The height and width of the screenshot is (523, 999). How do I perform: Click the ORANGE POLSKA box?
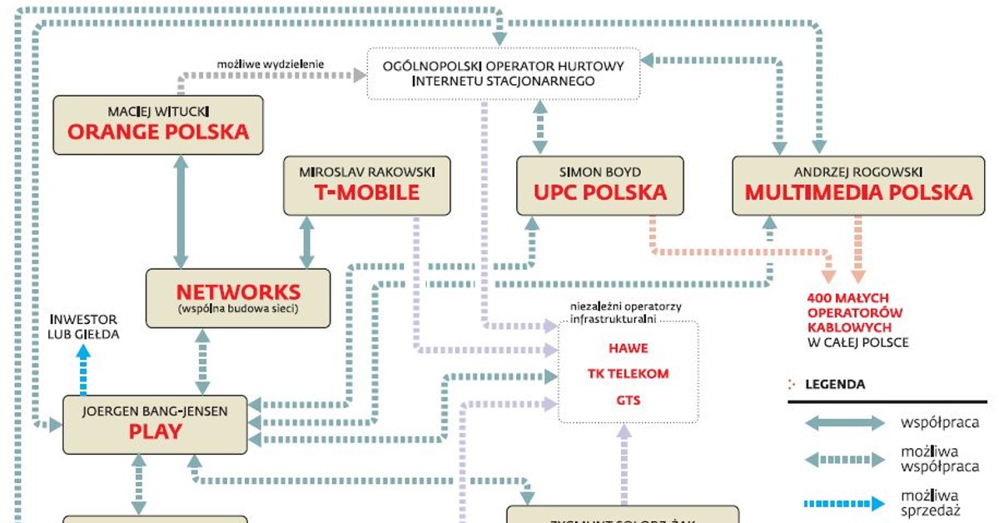158,125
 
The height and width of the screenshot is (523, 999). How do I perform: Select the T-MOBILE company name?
367,193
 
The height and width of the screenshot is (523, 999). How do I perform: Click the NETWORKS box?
238,298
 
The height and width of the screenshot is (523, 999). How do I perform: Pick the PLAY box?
156,425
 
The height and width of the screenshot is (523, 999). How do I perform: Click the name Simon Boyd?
599,172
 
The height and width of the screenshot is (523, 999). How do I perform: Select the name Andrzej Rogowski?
857,172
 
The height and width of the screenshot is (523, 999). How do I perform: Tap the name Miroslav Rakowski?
367,172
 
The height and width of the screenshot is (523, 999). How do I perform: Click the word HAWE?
629,348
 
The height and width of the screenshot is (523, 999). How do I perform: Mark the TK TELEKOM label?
629,373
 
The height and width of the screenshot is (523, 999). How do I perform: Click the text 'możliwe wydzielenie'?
271,63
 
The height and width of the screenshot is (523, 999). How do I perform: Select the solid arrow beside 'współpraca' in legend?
845,423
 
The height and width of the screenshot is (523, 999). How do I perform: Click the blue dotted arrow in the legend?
845,503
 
